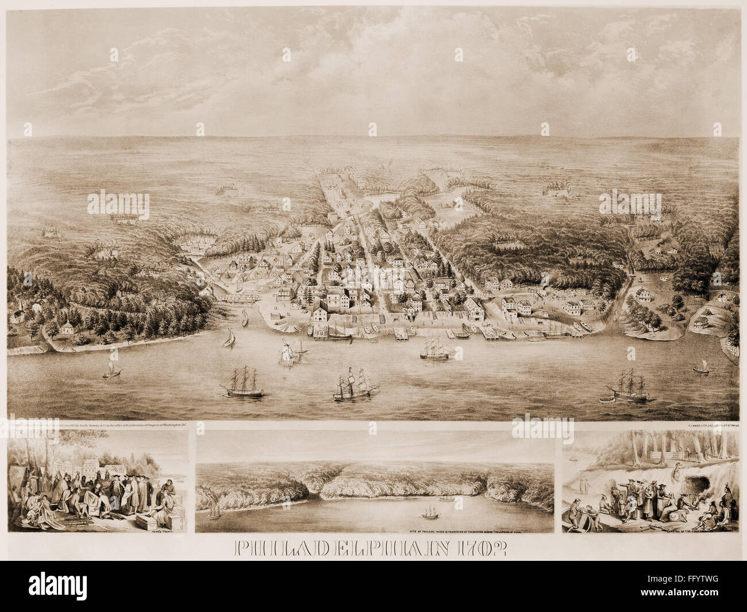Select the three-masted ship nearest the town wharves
pyautogui.click(x=436, y=349)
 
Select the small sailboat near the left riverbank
pyautogui.click(x=108, y=370)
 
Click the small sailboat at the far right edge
pyautogui.click(x=700, y=367)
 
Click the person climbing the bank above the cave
pyautogui.click(x=679, y=458)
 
